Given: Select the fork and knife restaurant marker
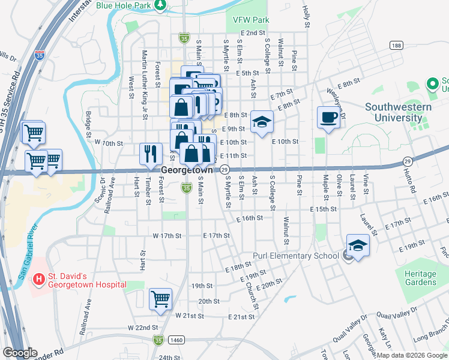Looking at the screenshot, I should click(151, 153).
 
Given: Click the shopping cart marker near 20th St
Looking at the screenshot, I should click(160, 299).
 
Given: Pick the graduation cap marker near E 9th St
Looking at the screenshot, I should click(262, 122).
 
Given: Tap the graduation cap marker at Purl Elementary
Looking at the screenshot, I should click(358, 245).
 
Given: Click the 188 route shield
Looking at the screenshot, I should click(396, 46).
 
